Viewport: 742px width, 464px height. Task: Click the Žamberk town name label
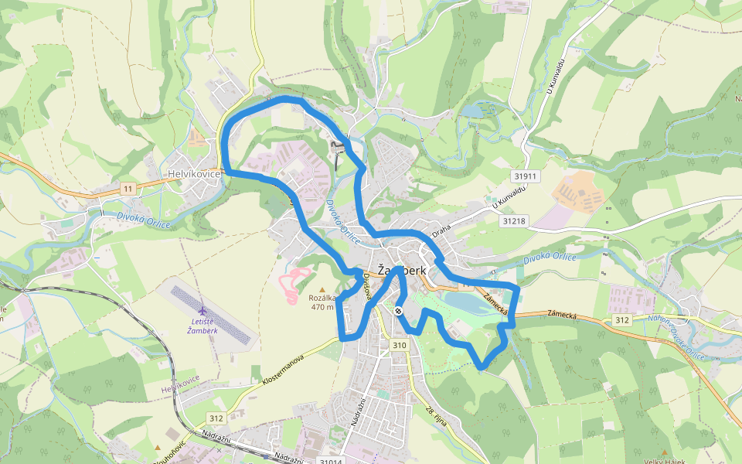403,271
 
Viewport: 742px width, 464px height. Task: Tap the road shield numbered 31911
525,176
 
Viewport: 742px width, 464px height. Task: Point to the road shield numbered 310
399,345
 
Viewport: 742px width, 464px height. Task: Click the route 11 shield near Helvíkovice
128,189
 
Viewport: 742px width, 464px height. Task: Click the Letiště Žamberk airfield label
203,326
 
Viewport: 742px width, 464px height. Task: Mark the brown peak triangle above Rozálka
322,288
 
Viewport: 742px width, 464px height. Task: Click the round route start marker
398,311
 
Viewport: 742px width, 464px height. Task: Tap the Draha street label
441,230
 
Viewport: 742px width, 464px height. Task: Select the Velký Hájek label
665,461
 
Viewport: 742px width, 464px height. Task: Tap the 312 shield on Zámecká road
622,319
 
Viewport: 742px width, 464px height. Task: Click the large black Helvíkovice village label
195,174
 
